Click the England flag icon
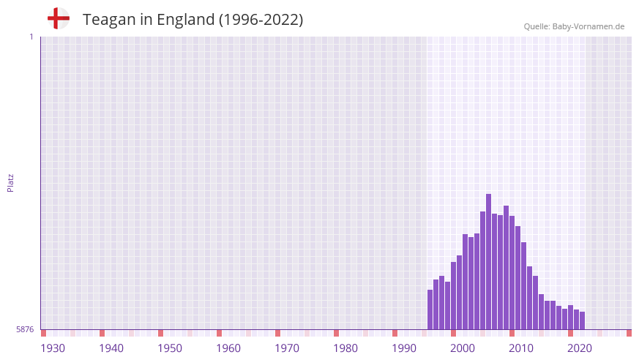point(58,18)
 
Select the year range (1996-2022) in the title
point(261,20)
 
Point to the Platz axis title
point(10,182)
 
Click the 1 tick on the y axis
point(31,37)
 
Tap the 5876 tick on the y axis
point(25,329)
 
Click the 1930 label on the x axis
point(53,348)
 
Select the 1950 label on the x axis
point(170,348)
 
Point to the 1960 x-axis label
point(228,348)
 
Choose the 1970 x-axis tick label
point(287,348)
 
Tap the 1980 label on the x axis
point(345,348)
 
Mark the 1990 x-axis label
point(404,348)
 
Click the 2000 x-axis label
point(463,348)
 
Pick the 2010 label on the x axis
point(521,348)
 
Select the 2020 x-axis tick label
point(580,348)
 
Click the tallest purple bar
point(488,261)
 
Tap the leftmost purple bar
point(430,310)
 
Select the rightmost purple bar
point(582,320)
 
